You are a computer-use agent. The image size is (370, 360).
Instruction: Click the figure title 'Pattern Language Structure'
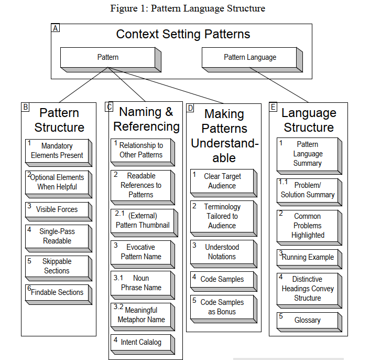pos(188,8)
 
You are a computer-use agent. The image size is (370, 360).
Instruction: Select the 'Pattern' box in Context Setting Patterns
pos(108,57)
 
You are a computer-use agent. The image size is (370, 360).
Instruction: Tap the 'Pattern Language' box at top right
pos(249,57)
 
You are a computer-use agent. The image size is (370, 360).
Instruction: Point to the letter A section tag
pos(56,28)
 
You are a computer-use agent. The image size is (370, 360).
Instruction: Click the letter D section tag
pos(190,108)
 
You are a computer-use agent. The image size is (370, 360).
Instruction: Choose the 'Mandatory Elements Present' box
pos(57,151)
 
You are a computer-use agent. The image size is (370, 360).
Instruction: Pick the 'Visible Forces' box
pos(57,209)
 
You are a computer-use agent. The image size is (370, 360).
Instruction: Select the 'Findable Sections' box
pos(57,292)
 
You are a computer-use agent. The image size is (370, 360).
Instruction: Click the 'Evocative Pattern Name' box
pos(141,252)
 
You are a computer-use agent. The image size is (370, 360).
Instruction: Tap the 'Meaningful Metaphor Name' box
pos(141,314)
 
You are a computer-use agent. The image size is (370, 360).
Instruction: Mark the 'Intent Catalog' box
pos(141,342)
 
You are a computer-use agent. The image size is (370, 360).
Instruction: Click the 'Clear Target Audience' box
pos(222,181)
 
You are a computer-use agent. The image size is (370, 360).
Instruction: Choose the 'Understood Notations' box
pos(222,252)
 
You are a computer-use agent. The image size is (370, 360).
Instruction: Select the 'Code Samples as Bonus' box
pos(222,307)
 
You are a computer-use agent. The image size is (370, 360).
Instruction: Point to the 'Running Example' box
pos(308,257)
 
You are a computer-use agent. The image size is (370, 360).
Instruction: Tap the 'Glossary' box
pos(308,320)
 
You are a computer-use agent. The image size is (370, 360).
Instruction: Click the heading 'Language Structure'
pos(308,120)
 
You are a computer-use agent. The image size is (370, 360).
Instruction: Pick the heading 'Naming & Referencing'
pos(146,119)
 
